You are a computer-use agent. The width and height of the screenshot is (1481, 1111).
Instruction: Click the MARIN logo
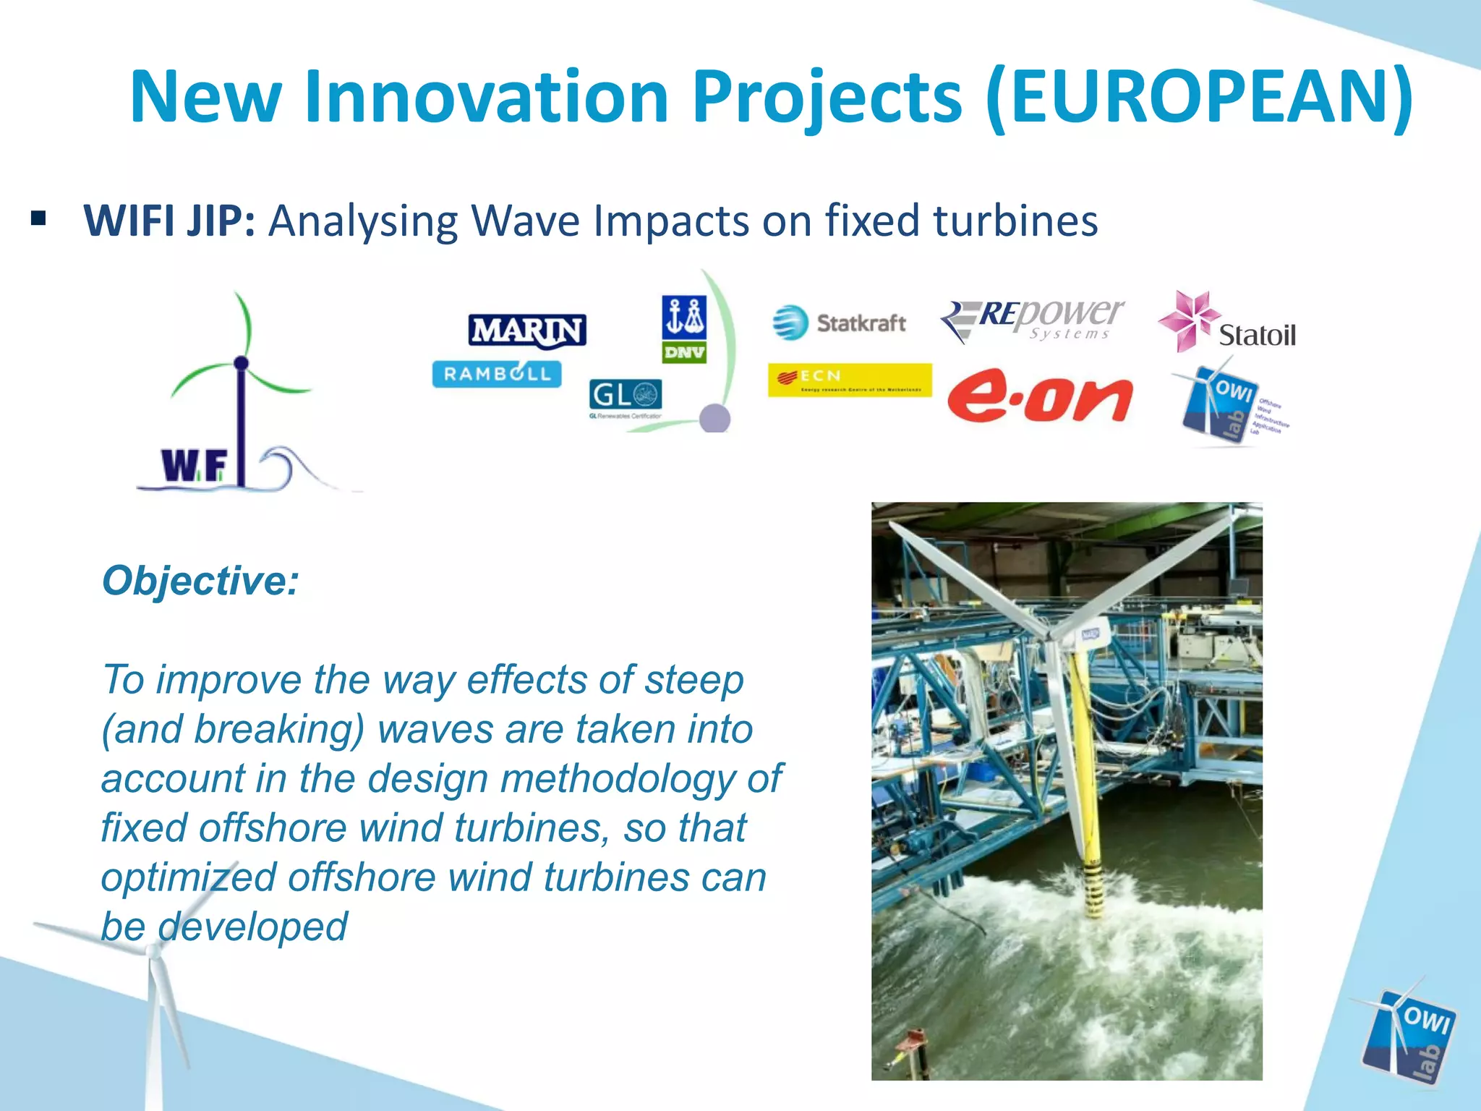[x=527, y=331]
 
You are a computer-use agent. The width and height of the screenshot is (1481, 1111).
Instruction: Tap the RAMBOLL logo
[x=497, y=374]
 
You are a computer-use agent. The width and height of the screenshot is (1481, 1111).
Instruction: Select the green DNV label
[x=683, y=352]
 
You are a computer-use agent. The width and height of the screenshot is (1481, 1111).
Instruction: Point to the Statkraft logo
[x=840, y=323]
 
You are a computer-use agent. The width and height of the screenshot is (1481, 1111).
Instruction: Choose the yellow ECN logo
[x=850, y=380]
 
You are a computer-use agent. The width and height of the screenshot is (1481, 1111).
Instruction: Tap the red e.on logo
[x=1040, y=399]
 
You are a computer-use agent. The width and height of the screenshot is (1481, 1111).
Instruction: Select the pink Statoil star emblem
[x=1187, y=320]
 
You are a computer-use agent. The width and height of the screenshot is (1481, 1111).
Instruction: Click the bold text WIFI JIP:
[x=169, y=221]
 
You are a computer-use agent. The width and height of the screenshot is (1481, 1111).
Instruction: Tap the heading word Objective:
[x=200, y=580]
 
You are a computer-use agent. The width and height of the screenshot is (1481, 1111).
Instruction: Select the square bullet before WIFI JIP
[x=39, y=218]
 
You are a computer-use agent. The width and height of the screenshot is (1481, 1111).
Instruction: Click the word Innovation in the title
[x=486, y=97]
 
